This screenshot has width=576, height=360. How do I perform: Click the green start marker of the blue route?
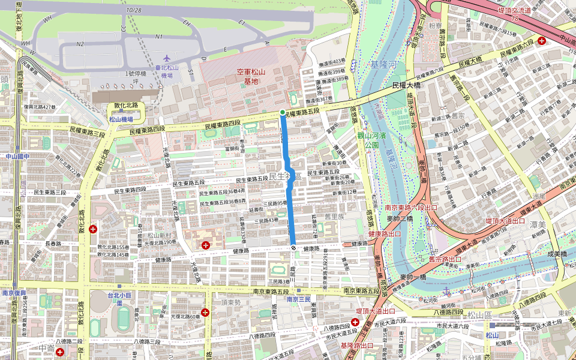[282, 112]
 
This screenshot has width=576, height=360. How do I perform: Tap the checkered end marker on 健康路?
[293, 247]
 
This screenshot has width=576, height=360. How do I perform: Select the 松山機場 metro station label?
[121, 119]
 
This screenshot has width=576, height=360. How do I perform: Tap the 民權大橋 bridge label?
[408, 85]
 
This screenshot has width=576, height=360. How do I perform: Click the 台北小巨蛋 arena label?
[122, 299]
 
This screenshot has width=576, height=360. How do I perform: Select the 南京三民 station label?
[298, 299]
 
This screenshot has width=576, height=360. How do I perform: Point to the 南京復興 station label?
[13, 293]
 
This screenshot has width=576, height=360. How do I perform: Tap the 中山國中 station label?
[17, 156]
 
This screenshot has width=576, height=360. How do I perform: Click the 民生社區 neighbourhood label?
[285, 175]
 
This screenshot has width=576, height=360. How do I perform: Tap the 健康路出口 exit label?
[384, 233]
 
